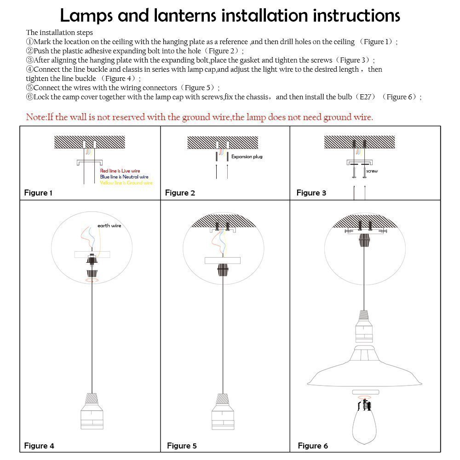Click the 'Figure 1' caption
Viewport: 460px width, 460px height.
click(x=38, y=193)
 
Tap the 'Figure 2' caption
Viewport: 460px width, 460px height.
click(x=180, y=193)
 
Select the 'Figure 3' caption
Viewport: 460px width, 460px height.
click(x=311, y=193)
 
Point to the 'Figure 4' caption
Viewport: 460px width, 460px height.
click(x=39, y=445)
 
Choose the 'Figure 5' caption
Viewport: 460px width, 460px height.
click(x=182, y=445)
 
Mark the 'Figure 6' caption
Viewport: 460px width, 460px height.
click(x=313, y=445)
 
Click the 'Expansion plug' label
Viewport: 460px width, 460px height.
click(x=247, y=157)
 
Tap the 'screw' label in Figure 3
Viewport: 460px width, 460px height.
click(x=372, y=171)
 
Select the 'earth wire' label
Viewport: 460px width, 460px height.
click(x=109, y=226)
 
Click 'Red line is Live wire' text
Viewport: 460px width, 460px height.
click(x=120, y=171)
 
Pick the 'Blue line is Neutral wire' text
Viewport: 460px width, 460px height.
click(x=124, y=177)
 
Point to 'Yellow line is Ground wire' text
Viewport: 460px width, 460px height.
click(x=126, y=183)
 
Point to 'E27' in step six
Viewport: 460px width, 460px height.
click(x=366, y=97)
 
